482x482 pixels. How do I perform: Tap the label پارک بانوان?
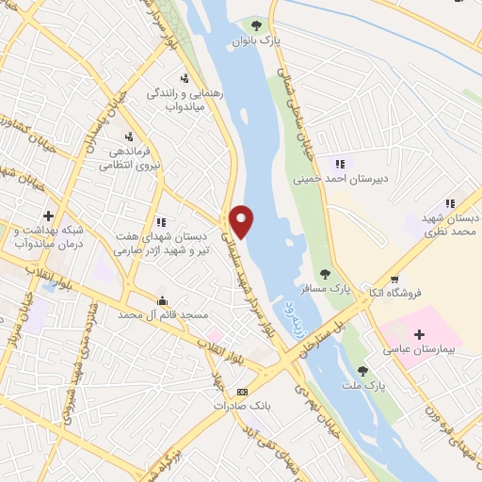coord(257,40)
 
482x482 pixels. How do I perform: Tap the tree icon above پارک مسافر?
coord(325,274)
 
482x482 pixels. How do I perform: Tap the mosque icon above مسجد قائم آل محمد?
coord(162,302)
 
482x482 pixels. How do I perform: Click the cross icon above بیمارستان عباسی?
coord(419,334)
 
